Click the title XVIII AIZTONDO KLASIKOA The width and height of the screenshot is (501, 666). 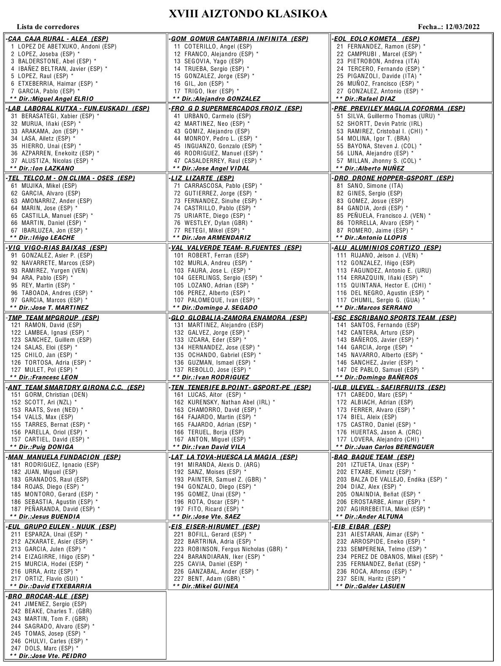(248, 14)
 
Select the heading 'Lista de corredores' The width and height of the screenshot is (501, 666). (48, 27)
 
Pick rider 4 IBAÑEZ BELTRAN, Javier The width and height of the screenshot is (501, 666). (59, 69)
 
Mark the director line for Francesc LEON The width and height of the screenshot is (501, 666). (44, 377)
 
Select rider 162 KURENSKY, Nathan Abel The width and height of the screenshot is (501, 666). (224, 402)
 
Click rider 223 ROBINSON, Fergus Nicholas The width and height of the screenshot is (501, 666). (230, 549)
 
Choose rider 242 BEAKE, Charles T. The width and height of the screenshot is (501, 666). (51, 611)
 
